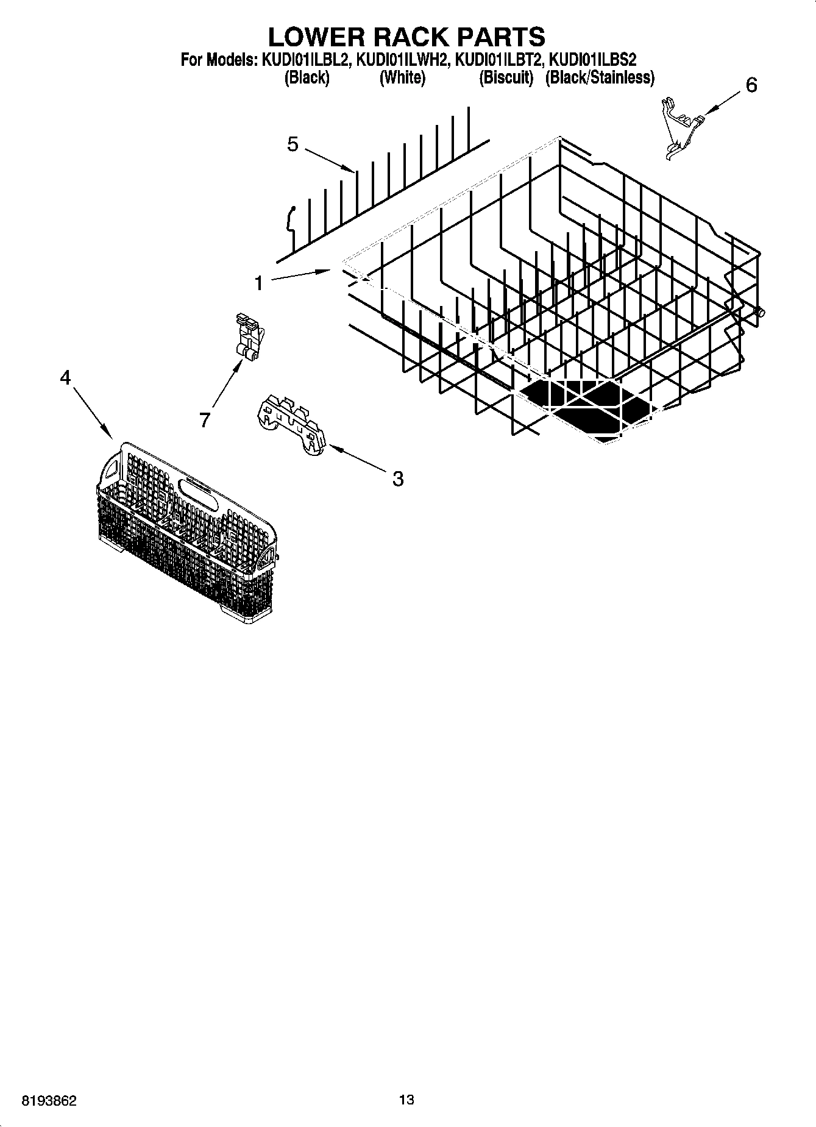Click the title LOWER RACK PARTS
406,37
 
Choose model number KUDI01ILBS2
593,60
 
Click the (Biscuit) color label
506,78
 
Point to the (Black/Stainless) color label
600,78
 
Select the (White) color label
402,78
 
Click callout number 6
751,85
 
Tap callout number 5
293,144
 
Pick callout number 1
259,283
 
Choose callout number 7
205,419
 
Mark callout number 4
65,378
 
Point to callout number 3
397,479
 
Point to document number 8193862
49,1101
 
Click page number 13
406,1100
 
